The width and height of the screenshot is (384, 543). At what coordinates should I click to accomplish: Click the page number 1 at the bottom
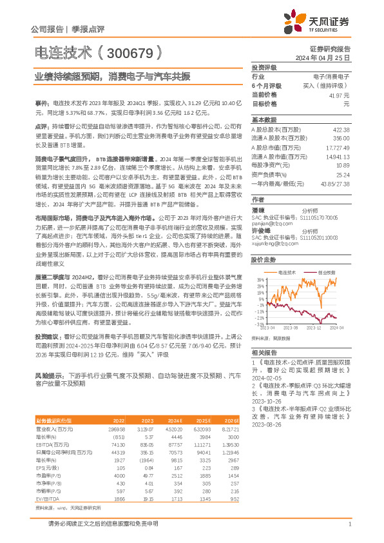point(349,524)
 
